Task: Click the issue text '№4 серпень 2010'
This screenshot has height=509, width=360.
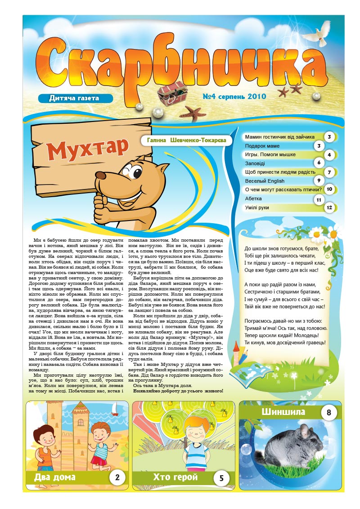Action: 234,96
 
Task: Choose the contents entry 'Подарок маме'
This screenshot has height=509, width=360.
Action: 262,146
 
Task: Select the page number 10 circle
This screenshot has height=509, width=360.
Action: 329,189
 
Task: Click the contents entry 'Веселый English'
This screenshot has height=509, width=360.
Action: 265,181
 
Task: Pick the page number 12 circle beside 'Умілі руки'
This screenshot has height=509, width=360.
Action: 330,207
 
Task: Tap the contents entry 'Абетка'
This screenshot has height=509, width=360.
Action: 253,198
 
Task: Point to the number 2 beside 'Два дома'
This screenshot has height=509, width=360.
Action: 117,477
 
